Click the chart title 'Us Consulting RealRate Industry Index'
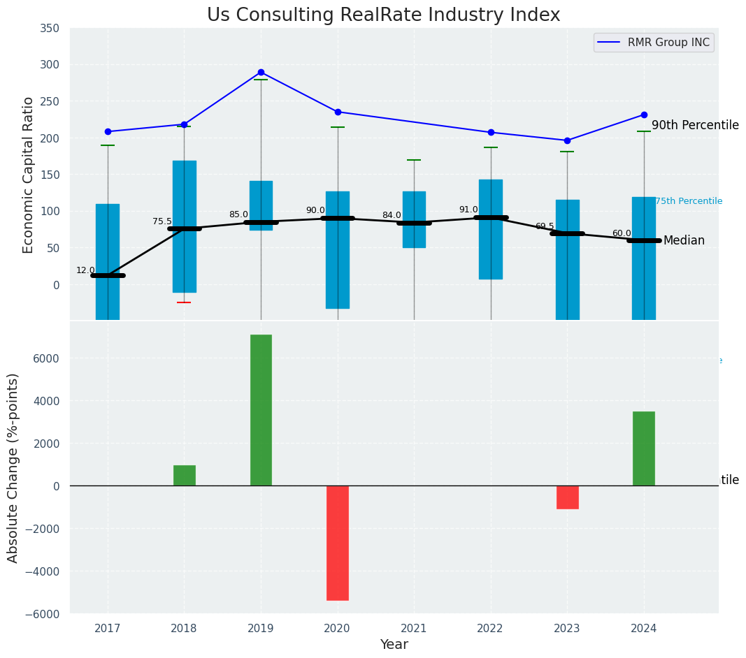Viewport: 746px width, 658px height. [383, 15]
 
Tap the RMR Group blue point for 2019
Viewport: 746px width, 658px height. [261, 72]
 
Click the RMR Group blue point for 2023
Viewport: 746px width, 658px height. [567, 140]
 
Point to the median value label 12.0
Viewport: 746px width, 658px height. [85, 270]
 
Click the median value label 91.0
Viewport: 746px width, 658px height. [468, 210]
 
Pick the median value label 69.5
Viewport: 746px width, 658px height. [545, 226]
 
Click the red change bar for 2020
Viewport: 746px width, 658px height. [338, 543]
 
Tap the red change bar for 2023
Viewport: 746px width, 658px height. [567, 497]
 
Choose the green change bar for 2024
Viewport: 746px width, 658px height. [644, 448]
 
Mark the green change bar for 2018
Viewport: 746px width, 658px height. [185, 476]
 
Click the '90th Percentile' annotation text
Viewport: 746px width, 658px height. [695, 126]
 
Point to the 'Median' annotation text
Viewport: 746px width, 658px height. [684, 241]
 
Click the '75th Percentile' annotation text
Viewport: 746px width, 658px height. [689, 201]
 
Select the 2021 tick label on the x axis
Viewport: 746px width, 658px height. [414, 629]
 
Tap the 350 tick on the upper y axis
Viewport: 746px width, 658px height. [50, 28]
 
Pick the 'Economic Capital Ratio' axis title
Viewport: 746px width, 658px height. [29, 175]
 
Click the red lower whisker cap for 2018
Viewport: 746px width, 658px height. [184, 302]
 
